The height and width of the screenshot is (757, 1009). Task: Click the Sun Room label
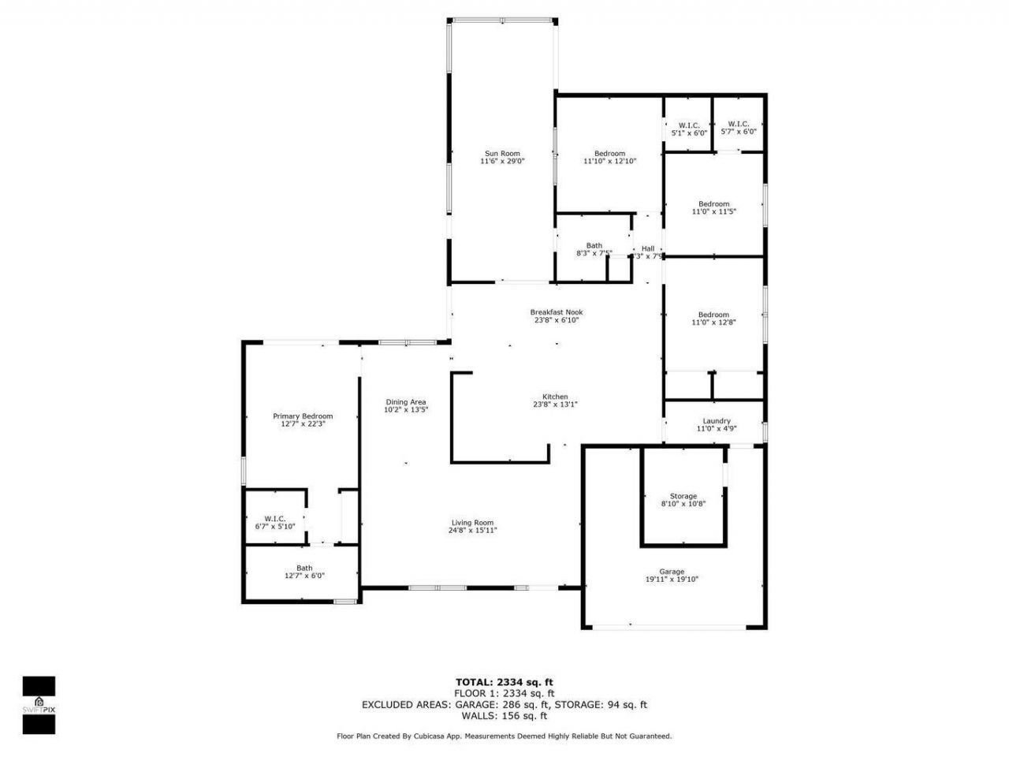(502, 154)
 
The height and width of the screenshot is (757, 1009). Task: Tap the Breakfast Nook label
(556, 312)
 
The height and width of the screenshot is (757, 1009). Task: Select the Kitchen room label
(555, 397)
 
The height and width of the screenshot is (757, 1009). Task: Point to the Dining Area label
(406, 402)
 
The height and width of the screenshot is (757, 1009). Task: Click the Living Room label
(472, 522)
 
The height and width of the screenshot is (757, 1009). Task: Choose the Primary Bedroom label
(303, 416)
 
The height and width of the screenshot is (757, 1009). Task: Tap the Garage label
(672, 572)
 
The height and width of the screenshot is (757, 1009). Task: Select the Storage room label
(683, 496)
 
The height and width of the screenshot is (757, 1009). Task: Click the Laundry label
(716, 421)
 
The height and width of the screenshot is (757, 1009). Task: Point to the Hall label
(647, 249)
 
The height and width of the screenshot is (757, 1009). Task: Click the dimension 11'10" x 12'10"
(609, 161)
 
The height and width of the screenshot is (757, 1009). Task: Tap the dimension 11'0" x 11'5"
(713, 211)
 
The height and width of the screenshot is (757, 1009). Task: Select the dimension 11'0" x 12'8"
(713, 322)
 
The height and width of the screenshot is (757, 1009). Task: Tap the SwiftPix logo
(39, 704)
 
